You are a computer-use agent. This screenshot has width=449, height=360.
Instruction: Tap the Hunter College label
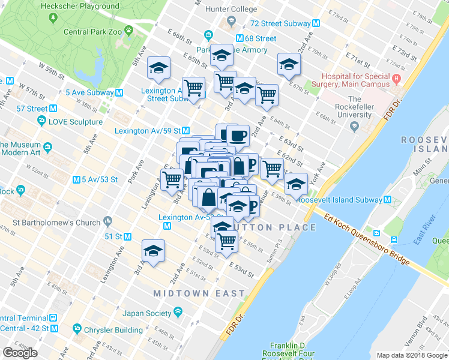(231, 10)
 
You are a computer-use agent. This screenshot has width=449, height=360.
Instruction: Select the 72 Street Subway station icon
(316, 23)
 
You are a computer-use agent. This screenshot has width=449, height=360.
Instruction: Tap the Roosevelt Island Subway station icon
(388, 199)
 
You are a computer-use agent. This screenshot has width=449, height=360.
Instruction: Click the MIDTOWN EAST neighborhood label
(199, 293)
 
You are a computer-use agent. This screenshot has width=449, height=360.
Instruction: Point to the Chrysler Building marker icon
(77, 329)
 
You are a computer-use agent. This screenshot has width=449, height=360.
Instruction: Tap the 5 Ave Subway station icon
(119, 92)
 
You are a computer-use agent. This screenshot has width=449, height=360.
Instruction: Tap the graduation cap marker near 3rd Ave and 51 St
(153, 251)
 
